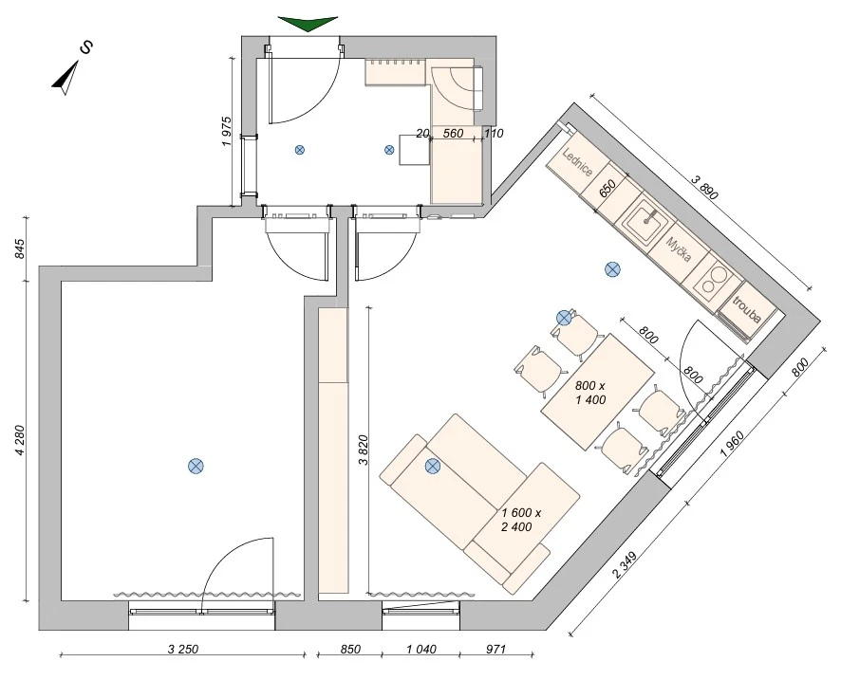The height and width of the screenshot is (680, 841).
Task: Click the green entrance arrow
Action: coord(308,23)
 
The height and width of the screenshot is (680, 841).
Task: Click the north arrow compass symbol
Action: coord(67,78)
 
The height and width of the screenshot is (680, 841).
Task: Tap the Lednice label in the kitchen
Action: coord(578,162)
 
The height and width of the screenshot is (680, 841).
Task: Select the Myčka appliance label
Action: coord(678,249)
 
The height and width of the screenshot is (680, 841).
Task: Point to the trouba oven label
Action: coord(747,310)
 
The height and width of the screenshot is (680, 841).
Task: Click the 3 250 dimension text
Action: coord(183,650)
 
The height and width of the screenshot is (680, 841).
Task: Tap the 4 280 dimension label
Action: coord(20,440)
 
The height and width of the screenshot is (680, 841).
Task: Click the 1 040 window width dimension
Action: coord(421,650)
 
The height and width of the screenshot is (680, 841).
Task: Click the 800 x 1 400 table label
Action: coord(590,393)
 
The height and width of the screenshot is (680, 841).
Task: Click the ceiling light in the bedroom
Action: coord(196,467)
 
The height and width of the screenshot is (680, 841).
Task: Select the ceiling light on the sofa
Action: coord(432,467)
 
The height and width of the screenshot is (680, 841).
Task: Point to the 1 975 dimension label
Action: coord(226,132)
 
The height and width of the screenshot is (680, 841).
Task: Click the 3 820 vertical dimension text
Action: coord(363,450)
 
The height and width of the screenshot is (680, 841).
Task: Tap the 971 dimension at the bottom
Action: coord(496,650)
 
